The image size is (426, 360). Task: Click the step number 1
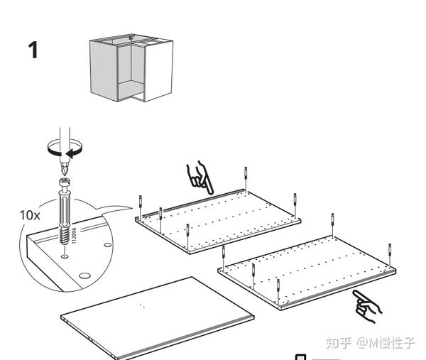pyautogui.click(x=33, y=50)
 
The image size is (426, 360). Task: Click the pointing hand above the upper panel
pyautogui.click(x=200, y=178)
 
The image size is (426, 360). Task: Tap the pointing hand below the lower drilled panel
pyautogui.click(x=367, y=304)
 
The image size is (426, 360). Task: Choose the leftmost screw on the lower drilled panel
pyautogui.click(x=223, y=255)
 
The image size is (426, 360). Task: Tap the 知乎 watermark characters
pyautogui.click(x=339, y=344)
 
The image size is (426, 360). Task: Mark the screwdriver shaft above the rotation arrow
pyautogui.click(x=65, y=134)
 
